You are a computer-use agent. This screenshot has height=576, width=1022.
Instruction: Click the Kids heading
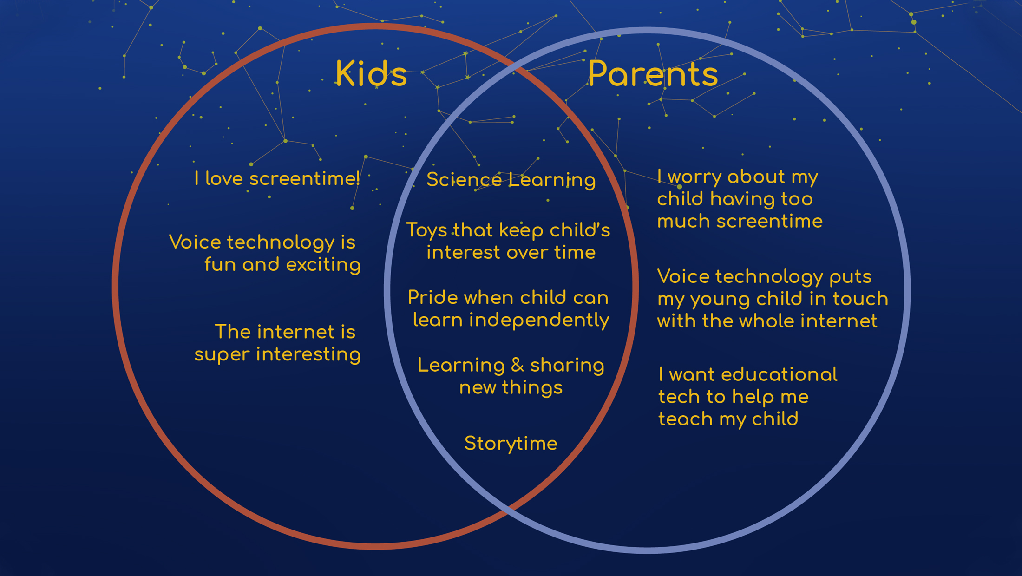click(x=371, y=73)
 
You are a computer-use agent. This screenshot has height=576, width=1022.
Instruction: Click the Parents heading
click(x=653, y=73)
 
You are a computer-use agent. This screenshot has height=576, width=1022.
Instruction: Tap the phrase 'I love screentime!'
click(x=277, y=178)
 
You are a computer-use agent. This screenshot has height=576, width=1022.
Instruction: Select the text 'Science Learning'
click(x=511, y=180)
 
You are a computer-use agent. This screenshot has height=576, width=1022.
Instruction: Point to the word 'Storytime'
click(x=511, y=444)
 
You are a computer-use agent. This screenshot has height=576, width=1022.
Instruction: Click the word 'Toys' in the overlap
click(x=426, y=230)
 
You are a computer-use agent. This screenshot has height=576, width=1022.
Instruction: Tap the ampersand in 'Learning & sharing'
click(x=517, y=366)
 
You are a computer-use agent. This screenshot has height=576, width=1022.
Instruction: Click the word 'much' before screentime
click(x=684, y=222)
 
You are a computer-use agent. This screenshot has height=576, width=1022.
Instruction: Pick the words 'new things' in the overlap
click(x=511, y=388)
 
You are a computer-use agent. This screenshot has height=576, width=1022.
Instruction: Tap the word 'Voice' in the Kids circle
click(x=195, y=242)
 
